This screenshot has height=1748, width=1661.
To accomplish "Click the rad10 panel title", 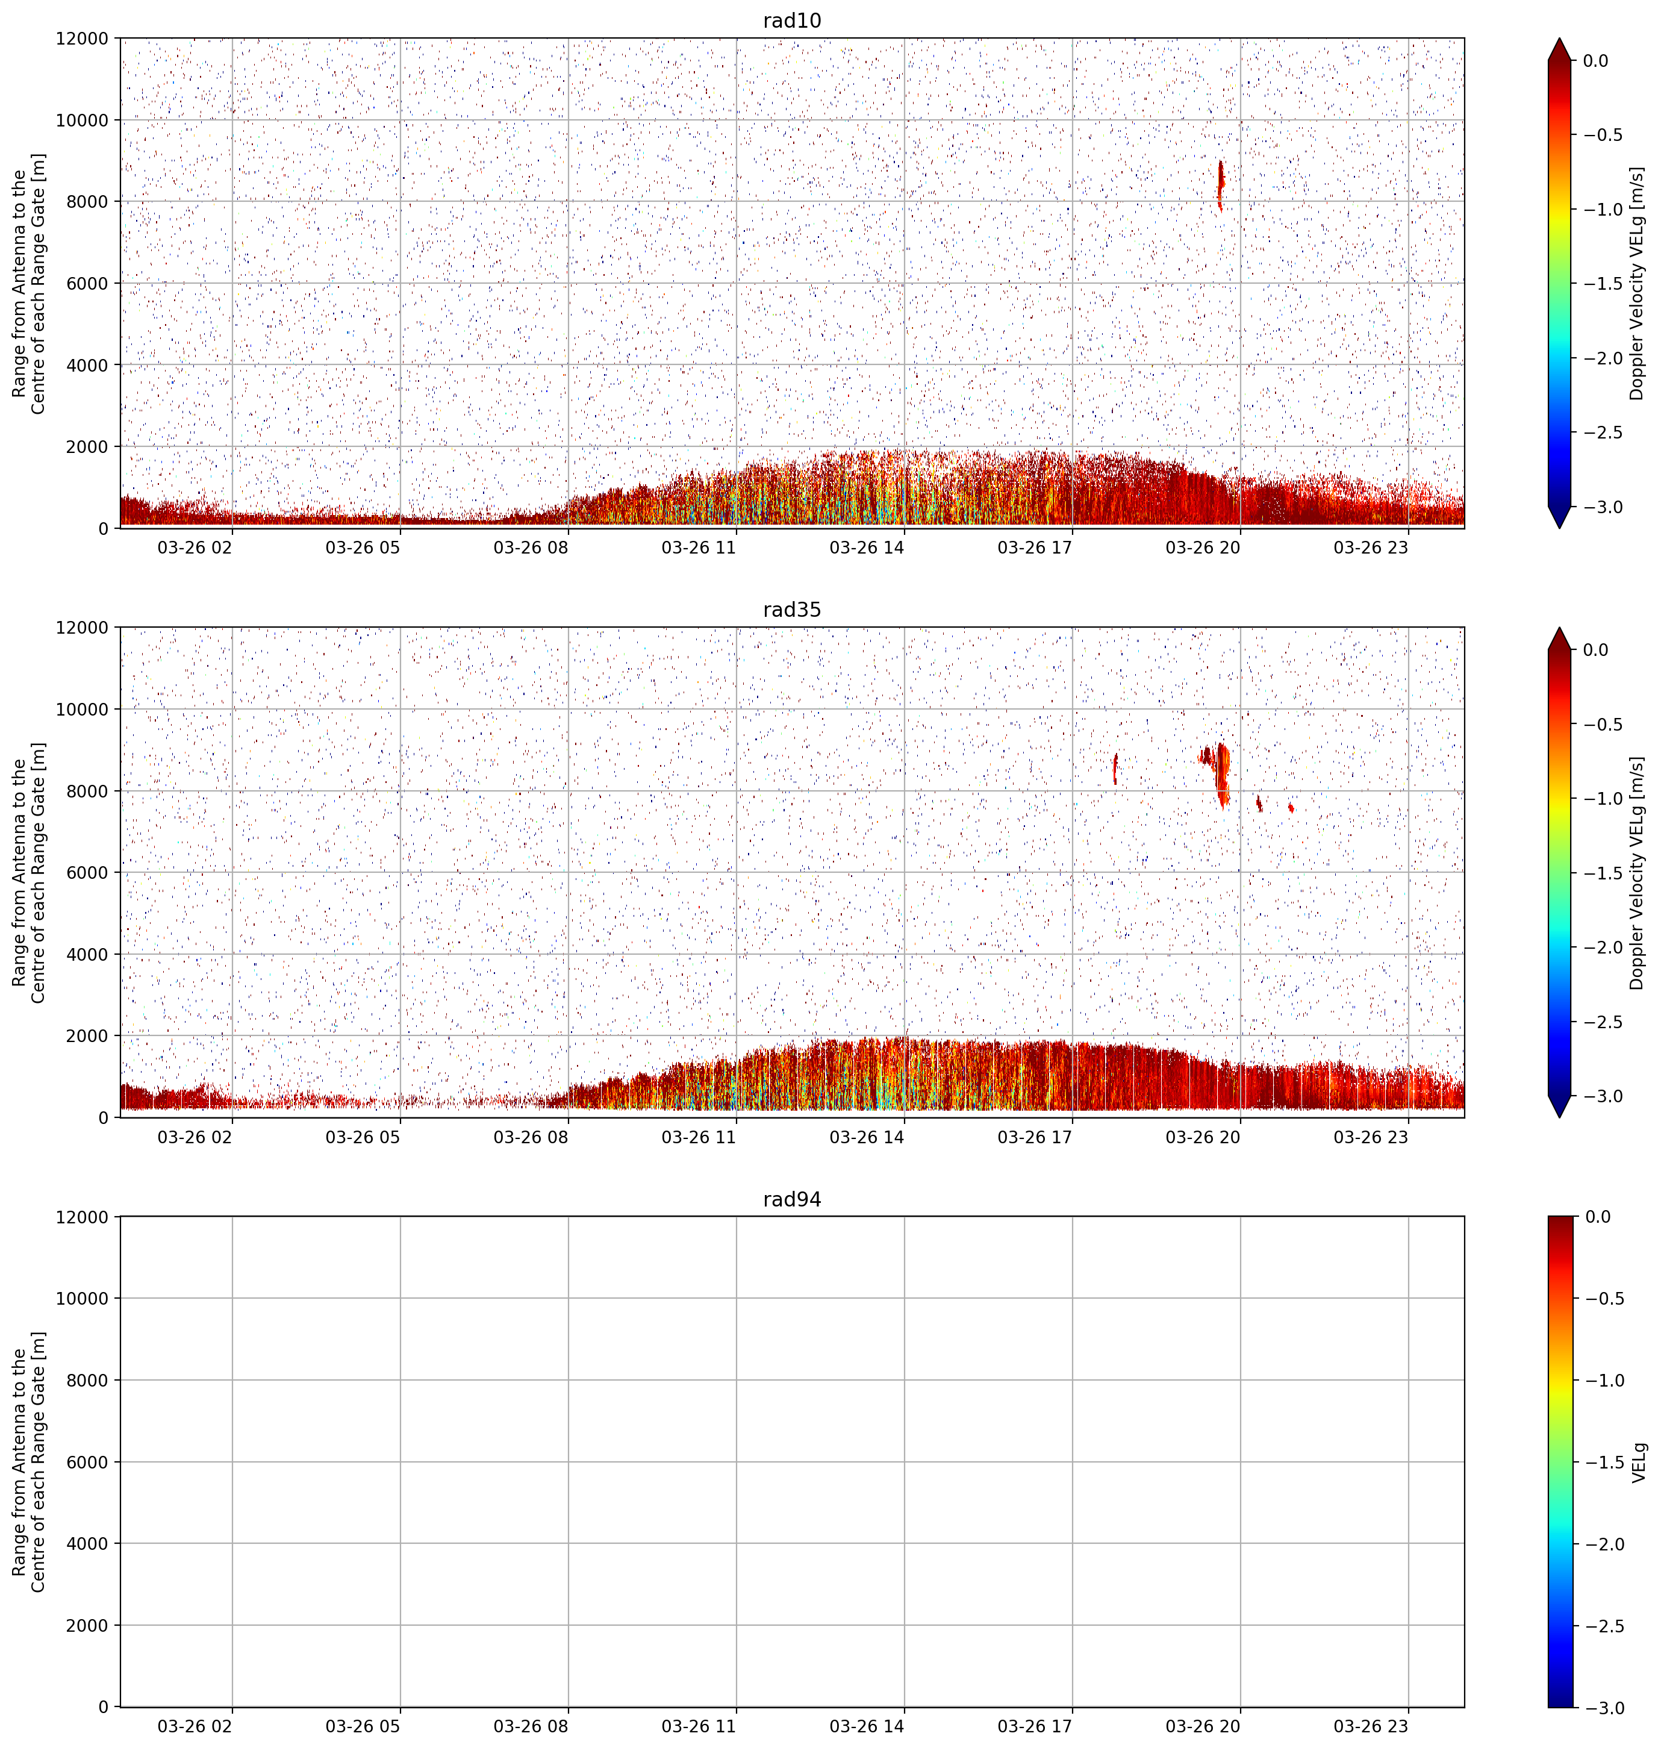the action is tap(791, 21).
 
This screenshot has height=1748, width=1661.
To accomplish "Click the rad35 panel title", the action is tap(791, 610).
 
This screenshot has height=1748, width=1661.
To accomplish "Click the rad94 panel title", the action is tap(791, 1200).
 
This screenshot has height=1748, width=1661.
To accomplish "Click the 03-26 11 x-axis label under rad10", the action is tap(699, 548).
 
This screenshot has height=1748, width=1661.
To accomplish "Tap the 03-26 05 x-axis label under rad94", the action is tap(363, 1727).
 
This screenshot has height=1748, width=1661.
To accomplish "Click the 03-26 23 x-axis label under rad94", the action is tap(1371, 1727).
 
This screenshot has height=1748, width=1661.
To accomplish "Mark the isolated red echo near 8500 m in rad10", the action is tap(1220, 185).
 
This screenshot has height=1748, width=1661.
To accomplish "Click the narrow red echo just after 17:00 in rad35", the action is tap(1115, 769).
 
